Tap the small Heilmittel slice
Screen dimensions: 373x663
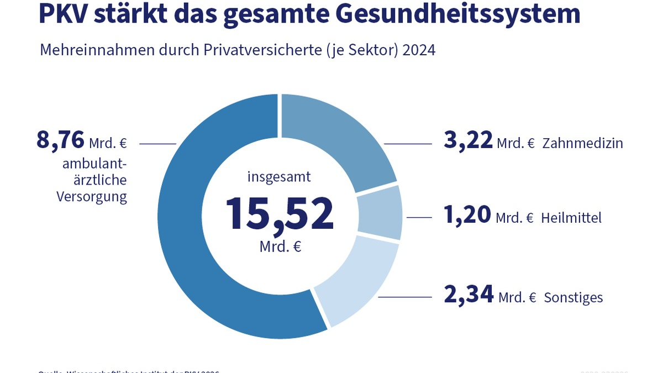(x=380, y=213)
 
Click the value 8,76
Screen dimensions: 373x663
(x=60, y=140)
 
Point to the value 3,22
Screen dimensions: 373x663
(x=468, y=140)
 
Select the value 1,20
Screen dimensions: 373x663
(x=467, y=215)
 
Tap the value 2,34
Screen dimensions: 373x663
(x=469, y=295)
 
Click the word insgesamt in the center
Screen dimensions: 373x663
(x=279, y=177)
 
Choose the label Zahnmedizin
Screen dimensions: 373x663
(x=582, y=144)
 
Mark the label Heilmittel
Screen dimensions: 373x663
(x=571, y=218)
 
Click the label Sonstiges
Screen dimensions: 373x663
(x=573, y=298)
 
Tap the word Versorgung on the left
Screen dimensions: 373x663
(x=92, y=197)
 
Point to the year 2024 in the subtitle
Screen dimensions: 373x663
(x=419, y=50)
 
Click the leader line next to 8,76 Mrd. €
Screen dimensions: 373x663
(x=157, y=144)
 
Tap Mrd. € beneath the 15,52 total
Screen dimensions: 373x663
(x=280, y=247)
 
